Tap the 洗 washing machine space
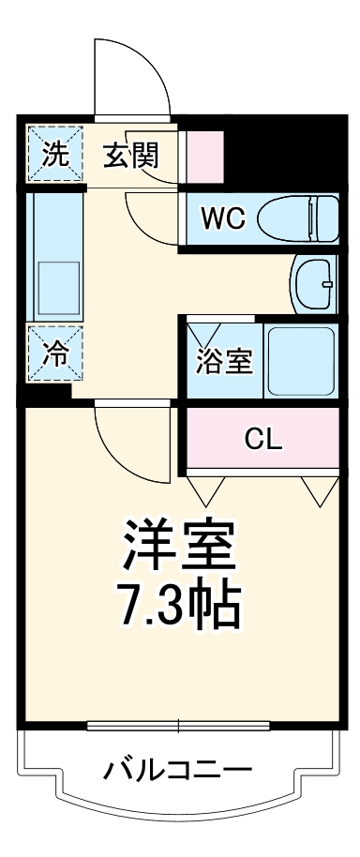click(x=57, y=154)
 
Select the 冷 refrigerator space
click(x=57, y=353)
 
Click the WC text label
click(x=223, y=218)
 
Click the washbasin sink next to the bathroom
click(x=315, y=282)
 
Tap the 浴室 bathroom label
click(x=223, y=362)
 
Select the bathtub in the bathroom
click(x=299, y=360)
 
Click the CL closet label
click(x=263, y=439)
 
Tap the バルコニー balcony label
click(x=178, y=771)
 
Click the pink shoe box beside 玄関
click(x=205, y=154)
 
